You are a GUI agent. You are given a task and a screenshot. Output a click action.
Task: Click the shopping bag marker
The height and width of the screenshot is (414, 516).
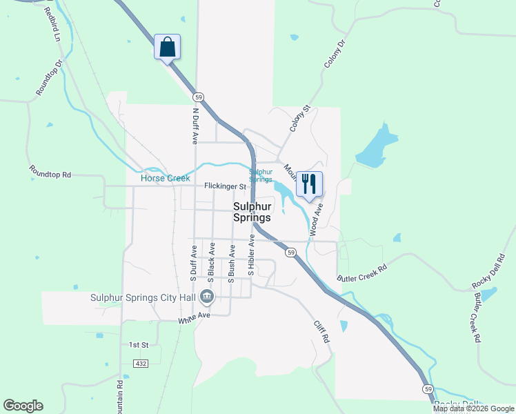pyautogui.click(x=167, y=48)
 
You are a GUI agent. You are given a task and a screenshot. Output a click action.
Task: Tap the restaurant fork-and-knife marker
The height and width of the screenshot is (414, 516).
pyautogui.click(x=308, y=184)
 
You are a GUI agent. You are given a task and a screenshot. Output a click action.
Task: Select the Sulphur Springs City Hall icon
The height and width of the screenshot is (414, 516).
pyautogui.click(x=206, y=297)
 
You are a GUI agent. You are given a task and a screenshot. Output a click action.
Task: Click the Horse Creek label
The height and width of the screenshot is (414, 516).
pyautogui.click(x=165, y=178)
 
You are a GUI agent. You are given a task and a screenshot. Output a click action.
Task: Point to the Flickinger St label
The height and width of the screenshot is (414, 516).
pyautogui.click(x=225, y=186)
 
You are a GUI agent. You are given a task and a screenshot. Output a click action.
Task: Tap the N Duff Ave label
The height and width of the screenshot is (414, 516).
pyautogui.click(x=195, y=125)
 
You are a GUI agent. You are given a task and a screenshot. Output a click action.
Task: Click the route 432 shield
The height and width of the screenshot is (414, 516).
pyautogui.click(x=141, y=363)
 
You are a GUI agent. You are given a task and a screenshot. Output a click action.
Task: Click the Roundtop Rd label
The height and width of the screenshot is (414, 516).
pyautogui.click(x=50, y=171)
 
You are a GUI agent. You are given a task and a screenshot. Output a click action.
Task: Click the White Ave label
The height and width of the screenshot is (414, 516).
pyautogui.click(x=194, y=317)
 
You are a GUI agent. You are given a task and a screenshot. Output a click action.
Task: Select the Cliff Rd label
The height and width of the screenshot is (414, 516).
pyautogui.click(x=321, y=333)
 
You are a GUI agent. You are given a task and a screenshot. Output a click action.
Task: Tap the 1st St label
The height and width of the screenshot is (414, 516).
pyautogui.click(x=139, y=344)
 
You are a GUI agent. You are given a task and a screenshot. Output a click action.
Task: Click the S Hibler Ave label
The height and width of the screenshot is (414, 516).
pyautogui.click(x=252, y=255)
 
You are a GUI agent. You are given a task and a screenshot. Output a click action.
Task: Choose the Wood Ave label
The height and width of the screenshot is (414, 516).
pyautogui.click(x=316, y=220)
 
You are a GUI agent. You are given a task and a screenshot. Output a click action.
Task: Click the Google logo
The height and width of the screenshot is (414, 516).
pyautogui.click(x=23, y=406)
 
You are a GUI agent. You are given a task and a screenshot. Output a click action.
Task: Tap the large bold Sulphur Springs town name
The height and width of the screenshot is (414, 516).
pyautogui.click(x=251, y=211)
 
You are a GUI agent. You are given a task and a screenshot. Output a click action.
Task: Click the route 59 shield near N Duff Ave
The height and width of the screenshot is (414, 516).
pyautogui.click(x=198, y=97)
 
